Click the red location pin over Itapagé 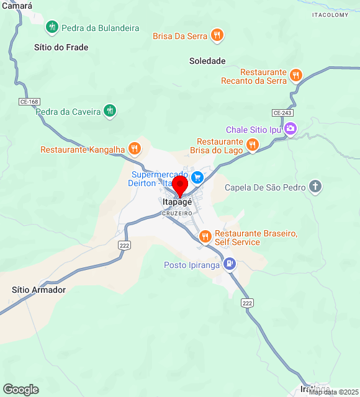coord(180,185)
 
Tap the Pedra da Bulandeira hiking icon coord(52,27)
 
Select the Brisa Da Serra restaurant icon coord(217,35)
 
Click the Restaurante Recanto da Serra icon coord(296,76)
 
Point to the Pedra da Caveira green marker coord(110,111)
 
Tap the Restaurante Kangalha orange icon coord(135,149)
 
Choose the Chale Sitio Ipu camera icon coord(290,129)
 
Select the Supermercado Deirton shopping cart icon coord(197,178)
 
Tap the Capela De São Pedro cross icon coord(315,187)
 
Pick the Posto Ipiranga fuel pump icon coord(230,264)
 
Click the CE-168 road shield coord(29,101)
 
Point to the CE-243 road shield coord(282,112)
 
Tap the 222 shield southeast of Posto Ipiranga coord(248,303)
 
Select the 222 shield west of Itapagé coord(124,246)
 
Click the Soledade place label coord(207,61)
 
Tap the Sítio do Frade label coord(61,47)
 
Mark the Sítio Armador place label coord(38,290)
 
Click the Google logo coord(20,389)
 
